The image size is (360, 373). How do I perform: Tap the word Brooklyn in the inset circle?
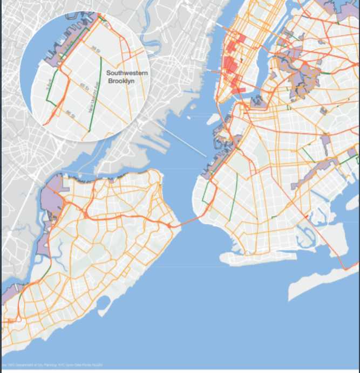[x=121, y=81]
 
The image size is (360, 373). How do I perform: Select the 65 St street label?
[x=84, y=86]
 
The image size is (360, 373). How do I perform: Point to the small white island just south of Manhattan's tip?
[x=214, y=118]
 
